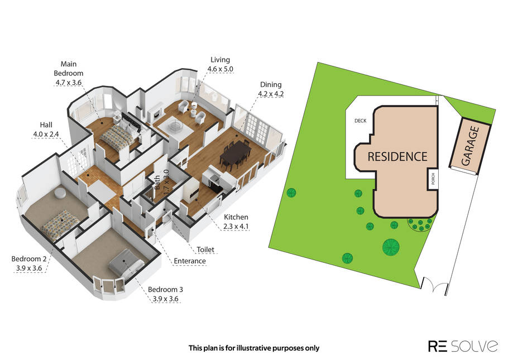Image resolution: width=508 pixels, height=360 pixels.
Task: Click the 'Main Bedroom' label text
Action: click(x=68, y=69)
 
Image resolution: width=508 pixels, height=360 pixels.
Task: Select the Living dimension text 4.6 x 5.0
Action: click(x=221, y=69)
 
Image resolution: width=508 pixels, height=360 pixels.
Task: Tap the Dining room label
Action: click(x=271, y=85)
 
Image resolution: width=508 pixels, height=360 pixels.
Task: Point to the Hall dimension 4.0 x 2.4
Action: click(x=46, y=134)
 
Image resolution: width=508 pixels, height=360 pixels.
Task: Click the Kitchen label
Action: click(x=236, y=217)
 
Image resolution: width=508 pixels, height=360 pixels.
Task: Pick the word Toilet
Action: click(x=205, y=249)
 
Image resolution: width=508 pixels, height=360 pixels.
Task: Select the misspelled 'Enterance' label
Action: click(x=190, y=261)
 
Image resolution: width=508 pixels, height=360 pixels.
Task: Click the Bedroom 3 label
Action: click(x=166, y=289)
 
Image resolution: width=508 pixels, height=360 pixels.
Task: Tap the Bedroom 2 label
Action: click(x=29, y=259)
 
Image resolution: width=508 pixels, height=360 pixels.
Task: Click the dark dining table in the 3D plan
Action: click(x=236, y=155)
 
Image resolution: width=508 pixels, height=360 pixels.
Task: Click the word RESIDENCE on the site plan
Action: click(x=397, y=157)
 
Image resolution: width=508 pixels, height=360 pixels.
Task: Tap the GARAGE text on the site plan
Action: click(x=471, y=146)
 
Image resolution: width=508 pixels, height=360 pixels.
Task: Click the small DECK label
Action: click(x=360, y=121)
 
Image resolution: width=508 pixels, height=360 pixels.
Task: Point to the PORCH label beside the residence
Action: click(x=433, y=179)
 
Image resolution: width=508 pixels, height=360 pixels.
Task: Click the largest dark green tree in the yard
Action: click(x=391, y=247)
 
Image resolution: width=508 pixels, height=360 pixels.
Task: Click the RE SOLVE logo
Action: click(x=463, y=346)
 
